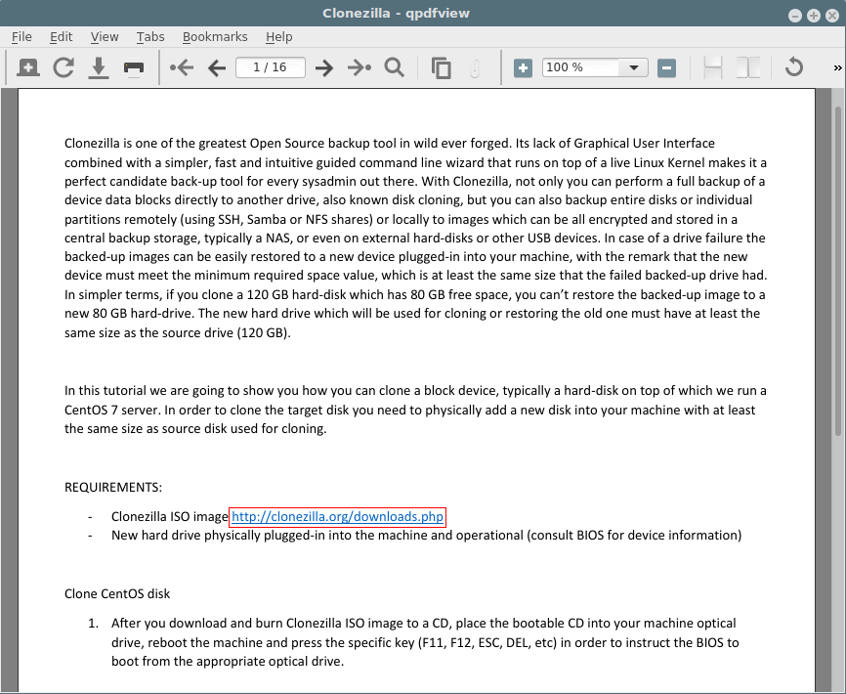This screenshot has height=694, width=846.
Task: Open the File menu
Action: pos(21,37)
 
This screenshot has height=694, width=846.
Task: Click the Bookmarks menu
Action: pos(215,37)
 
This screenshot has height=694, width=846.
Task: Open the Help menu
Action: pos(278,37)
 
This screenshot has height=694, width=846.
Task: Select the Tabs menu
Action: pos(150,37)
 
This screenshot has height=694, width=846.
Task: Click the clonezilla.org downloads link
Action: pos(338,516)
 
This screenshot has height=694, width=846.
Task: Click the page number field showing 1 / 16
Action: pos(270,67)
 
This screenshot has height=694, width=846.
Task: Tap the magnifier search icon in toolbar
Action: pos(394,67)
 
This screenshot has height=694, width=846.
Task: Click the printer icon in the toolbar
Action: pos(134,68)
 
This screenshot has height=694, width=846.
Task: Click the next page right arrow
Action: pos(324,67)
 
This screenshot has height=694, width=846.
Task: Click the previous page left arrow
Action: pos(217,67)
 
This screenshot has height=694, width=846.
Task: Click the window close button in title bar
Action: pos(830,15)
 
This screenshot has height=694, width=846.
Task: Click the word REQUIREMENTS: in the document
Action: pos(113,488)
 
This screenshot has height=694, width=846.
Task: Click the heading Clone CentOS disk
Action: pos(117,593)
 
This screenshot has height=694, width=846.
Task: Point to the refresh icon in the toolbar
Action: pos(63,67)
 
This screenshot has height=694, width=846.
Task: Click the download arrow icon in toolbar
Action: pos(99,67)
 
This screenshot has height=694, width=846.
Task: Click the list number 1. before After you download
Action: pos(94,623)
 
